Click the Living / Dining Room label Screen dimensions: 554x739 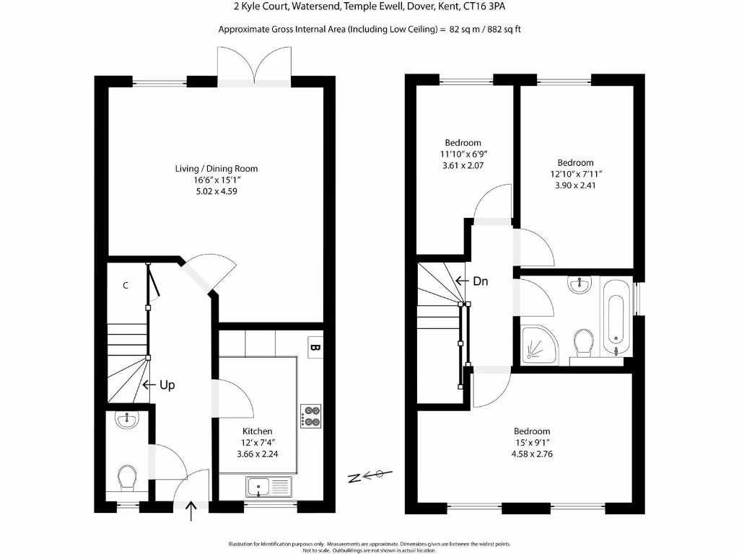pyautogui.click(x=217, y=169)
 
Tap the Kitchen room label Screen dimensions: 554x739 pyautogui.click(x=258, y=431)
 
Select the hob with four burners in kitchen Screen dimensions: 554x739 pyautogui.click(x=311, y=416)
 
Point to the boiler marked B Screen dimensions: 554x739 pyautogui.click(x=315, y=348)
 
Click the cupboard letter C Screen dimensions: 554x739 pyautogui.click(x=126, y=286)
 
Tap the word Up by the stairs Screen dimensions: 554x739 pyautogui.click(x=167, y=385)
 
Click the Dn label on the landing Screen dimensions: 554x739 pyautogui.click(x=481, y=281)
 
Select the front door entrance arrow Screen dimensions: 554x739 pyautogui.click(x=192, y=513)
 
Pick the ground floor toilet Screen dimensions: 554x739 pyautogui.click(x=127, y=477)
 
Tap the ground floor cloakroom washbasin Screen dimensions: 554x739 pyautogui.click(x=127, y=419)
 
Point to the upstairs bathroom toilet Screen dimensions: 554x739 pyautogui.click(x=582, y=343)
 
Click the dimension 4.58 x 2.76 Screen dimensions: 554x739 pyautogui.click(x=532, y=454)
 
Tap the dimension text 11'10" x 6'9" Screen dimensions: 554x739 pyautogui.click(x=463, y=154)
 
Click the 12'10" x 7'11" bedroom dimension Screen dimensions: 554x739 pyautogui.click(x=575, y=174)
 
